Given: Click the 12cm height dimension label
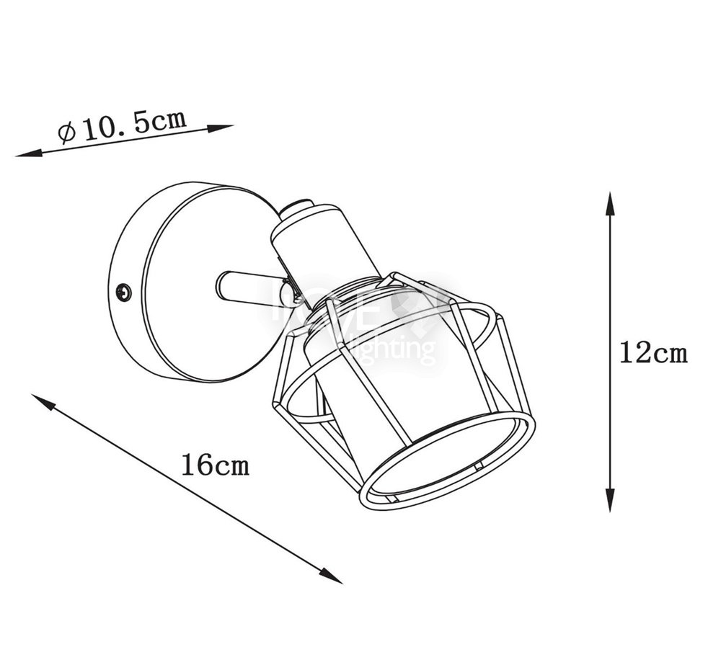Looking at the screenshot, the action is tap(653, 354).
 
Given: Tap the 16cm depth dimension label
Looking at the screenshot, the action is tap(215, 464).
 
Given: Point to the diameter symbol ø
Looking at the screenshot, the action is tap(67, 133).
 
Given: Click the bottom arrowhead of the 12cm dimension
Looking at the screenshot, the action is tap(610, 501).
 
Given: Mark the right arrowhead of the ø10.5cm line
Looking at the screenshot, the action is tap(221, 128).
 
